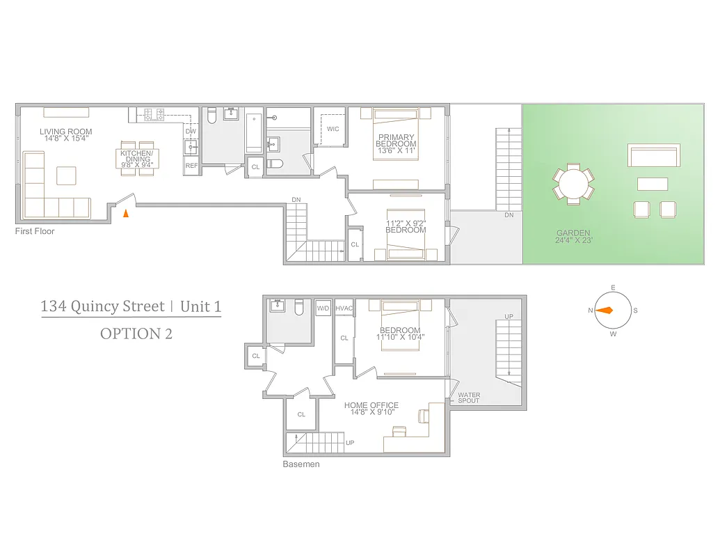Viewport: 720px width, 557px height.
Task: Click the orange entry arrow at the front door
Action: point(125,213)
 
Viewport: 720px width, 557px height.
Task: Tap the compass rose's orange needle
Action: point(605,311)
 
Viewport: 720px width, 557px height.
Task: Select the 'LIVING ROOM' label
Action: point(65,132)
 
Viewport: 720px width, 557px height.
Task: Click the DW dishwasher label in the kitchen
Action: point(191,131)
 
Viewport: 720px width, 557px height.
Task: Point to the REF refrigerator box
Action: point(191,166)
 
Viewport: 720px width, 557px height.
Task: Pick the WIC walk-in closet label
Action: point(333,129)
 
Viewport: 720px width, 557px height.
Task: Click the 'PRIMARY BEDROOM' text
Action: point(396,141)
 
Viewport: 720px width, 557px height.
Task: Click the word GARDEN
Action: point(573,233)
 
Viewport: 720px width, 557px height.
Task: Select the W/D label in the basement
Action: point(323,308)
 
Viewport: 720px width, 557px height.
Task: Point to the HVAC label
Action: point(344,308)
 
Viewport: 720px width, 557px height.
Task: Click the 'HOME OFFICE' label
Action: point(371,405)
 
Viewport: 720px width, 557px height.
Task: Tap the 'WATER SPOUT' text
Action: point(469,398)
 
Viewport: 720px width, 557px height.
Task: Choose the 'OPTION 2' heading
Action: point(136,334)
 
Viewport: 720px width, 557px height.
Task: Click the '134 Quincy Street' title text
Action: point(102,306)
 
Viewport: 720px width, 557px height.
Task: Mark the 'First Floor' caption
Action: point(35,231)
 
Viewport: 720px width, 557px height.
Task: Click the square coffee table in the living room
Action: point(66,175)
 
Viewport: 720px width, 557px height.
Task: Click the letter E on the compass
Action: point(613,288)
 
